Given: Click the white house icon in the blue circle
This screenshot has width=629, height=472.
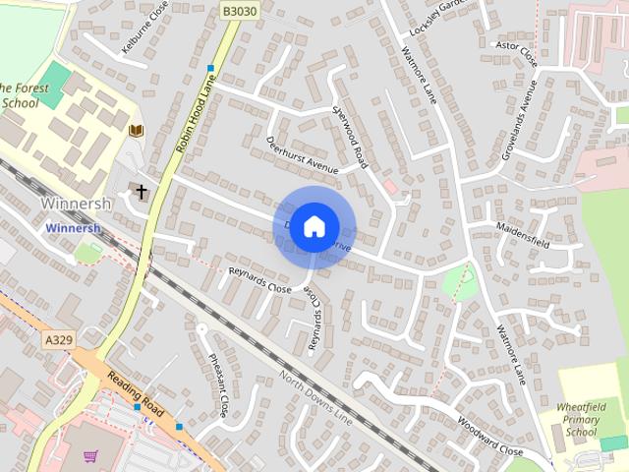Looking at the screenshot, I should (314, 225).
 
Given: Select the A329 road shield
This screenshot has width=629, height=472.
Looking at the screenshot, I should (58, 339).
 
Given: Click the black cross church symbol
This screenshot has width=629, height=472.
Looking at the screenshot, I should (142, 192).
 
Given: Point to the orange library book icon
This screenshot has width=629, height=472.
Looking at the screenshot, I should (137, 131).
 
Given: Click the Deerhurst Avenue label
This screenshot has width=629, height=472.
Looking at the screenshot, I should (302, 155).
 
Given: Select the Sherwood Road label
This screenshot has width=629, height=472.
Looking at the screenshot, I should (349, 137).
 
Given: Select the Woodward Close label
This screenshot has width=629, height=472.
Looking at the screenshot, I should (488, 436).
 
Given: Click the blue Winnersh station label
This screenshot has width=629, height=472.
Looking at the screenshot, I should (74, 227).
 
